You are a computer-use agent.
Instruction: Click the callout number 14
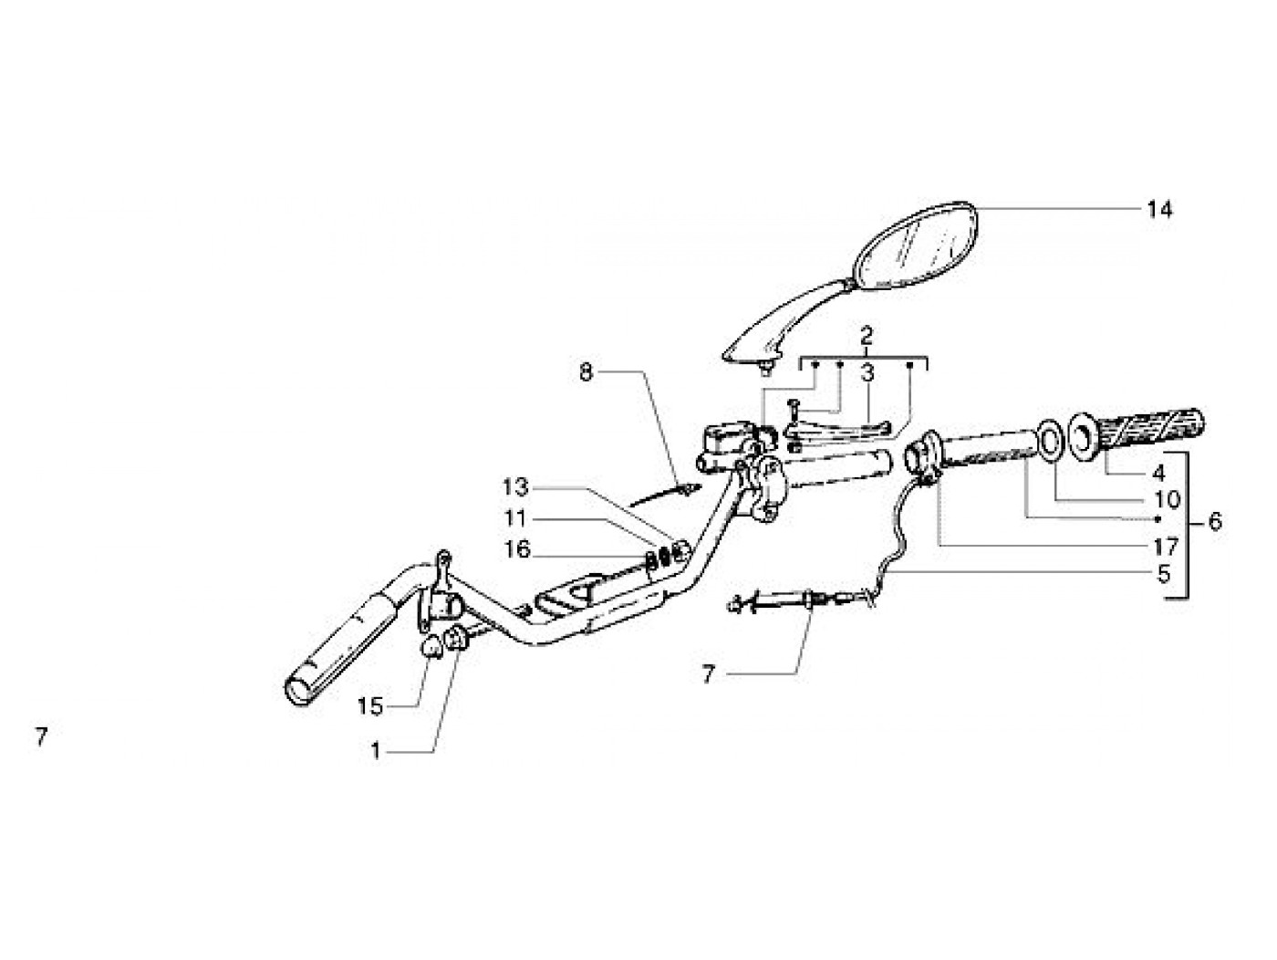pyautogui.click(x=1159, y=210)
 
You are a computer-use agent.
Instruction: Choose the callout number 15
pyautogui.click(x=370, y=706)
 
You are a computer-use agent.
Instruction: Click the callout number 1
pyautogui.click(x=375, y=751)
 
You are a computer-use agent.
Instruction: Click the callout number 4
pyautogui.click(x=1158, y=474)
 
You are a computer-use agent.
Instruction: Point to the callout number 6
pyautogui.click(x=1213, y=522)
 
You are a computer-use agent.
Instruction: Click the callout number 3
pyautogui.click(x=867, y=371)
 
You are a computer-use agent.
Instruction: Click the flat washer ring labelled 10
pyautogui.click(x=1050, y=439)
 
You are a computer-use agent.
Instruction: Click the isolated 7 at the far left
pyautogui.click(x=41, y=736)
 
